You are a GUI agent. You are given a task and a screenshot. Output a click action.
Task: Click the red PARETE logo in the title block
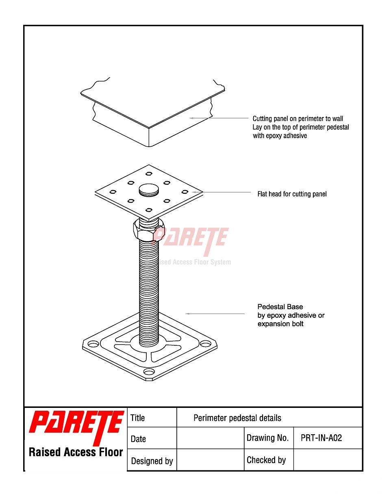(x=76, y=428)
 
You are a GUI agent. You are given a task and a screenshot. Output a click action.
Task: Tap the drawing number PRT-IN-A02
(x=321, y=438)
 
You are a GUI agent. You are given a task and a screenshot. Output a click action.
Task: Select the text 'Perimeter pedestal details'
(x=237, y=418)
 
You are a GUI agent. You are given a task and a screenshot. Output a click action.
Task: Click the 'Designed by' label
(x=152, y=461)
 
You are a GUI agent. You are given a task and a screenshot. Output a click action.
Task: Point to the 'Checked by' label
(x=266, y=460)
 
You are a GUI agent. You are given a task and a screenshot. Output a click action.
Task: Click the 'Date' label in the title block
(x=138, y=439)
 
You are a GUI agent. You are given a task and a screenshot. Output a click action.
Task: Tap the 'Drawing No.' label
(x=267, y=438)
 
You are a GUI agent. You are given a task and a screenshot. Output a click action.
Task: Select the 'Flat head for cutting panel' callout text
(x=292, y=194)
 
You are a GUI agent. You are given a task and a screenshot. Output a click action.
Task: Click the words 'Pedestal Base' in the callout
(x=280, y=307)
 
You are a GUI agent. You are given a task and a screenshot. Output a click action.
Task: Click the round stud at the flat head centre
(x=148, y=190)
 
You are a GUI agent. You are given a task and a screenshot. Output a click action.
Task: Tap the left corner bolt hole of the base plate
(x=93, y=344)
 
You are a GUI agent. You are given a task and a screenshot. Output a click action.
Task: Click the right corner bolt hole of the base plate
(x=205, y=343)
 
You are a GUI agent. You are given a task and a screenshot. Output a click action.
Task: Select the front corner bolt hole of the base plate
(x=149, y=372)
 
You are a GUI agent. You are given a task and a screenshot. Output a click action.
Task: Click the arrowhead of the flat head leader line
(x=193, y=192)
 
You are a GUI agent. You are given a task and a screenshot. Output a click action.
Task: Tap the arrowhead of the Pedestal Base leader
(x=188, y=314)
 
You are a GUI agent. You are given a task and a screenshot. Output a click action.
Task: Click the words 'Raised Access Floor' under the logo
(x=76, y=452)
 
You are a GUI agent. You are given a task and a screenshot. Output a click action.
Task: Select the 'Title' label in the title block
(x=138, y=418)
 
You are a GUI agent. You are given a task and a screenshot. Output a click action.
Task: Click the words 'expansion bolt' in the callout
(x=280, y=324)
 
